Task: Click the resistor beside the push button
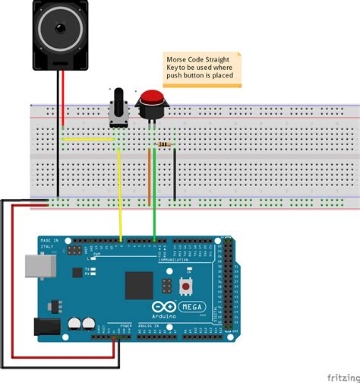coord(163,144)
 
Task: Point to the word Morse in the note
coord(180,59)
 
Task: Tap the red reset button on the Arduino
coord(185,286)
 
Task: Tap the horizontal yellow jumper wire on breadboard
coord(87,140)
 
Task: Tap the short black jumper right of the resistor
coord(175,175)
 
